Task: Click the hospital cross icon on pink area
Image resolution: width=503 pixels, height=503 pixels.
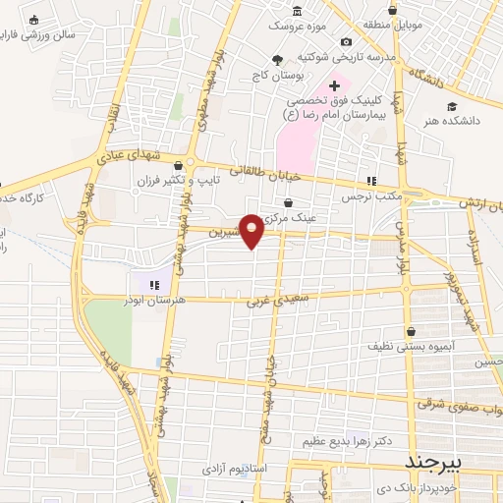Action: point(334,86)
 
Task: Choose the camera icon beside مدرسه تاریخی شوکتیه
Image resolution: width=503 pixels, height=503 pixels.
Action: point(346,42)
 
